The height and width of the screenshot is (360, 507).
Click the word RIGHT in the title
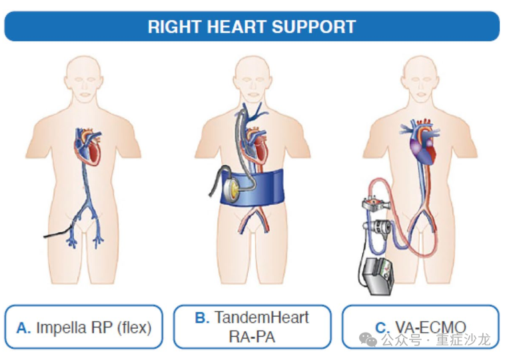tap(175, 27)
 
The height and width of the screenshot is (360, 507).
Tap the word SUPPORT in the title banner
tap(314, 27)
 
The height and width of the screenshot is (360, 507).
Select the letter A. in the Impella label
tap(23, 327)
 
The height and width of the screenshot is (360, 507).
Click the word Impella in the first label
tap(61, 327)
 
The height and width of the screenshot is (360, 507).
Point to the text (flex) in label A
tap(134, 327)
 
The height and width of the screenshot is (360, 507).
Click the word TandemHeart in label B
tap(262, 317)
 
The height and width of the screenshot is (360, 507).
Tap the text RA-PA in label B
tap(252, 337)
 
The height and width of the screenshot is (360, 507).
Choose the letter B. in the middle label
tap(202, 317)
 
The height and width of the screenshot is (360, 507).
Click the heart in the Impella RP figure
tap(88, 146)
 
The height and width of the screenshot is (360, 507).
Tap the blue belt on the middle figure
tap(253, 187)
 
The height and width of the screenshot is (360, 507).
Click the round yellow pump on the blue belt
tap(232, 190)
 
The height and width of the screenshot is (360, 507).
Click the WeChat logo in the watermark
tap(368, 339)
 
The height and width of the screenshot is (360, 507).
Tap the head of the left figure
tap(84, 79)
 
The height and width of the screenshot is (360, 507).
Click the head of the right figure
tap(420, 79)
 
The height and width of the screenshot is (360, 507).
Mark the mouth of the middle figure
tap(253, 95)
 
